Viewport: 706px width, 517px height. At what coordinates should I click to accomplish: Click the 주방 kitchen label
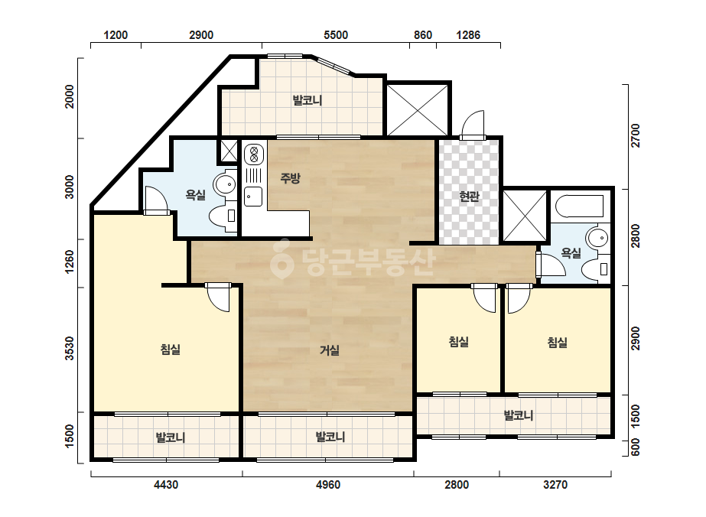click(x=290, y=178)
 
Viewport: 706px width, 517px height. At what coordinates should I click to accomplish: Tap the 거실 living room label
click(x=329, y=350)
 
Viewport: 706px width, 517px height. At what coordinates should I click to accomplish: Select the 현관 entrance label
click(x=469, y=197)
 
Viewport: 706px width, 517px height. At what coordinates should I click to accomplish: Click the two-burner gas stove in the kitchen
click(x=253, y=154)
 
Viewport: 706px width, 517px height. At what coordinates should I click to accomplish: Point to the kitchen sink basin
click(x=253, y=197)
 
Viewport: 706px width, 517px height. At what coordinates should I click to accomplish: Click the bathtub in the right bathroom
click(x=580, y=206)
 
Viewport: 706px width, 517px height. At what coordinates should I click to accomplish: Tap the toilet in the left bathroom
click(x=223, y=216)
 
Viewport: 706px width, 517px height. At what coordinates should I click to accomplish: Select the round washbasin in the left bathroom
click(x=225, y=184)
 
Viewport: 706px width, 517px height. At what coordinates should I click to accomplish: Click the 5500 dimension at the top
click(x=336, y=35)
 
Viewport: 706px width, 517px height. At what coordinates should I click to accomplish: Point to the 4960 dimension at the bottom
click(x=328, y=485)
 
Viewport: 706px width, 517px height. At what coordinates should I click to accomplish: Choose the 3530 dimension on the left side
click(x=70, y=348)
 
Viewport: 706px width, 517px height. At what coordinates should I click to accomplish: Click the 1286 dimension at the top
click(x=468, y=35)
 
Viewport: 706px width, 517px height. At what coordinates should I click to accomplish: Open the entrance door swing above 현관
click(x=472, y=124)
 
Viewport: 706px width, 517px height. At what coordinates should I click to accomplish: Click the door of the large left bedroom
click(x=219, y=298)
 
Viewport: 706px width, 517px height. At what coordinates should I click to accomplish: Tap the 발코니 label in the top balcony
click(x=307, y=100)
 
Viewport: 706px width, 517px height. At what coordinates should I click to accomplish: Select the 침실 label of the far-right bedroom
click(x=558, y=343)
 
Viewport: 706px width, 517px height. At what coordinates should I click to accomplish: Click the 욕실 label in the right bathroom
click(x=571, y=253)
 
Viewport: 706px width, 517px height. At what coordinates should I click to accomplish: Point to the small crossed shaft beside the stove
click(x=228, y=151)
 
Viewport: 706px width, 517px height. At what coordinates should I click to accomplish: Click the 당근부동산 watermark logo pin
click(x=281, y=258)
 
